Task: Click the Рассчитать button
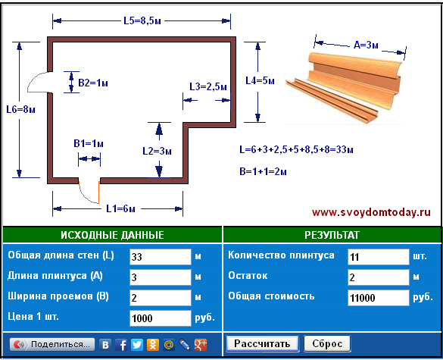point(262,343)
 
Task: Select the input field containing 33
point(161,257)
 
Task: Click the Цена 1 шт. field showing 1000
point(161,318)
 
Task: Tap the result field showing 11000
point(379,298)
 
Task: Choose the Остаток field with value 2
point(379,277)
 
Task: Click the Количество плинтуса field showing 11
point(379,257)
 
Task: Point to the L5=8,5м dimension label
point(142,20)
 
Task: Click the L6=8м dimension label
point(20,109)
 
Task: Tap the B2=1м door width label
point(93,83)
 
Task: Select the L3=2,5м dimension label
point(208,87)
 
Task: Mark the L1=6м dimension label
point(120,209)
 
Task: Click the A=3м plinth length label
point(367,45)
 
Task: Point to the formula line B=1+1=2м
point(263,171)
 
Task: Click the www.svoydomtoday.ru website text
point(371,212)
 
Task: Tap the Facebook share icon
point(121,345)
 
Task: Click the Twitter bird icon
point(137,345)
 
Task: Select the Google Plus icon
point(201,345)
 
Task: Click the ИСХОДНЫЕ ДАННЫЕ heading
point(112,235)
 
